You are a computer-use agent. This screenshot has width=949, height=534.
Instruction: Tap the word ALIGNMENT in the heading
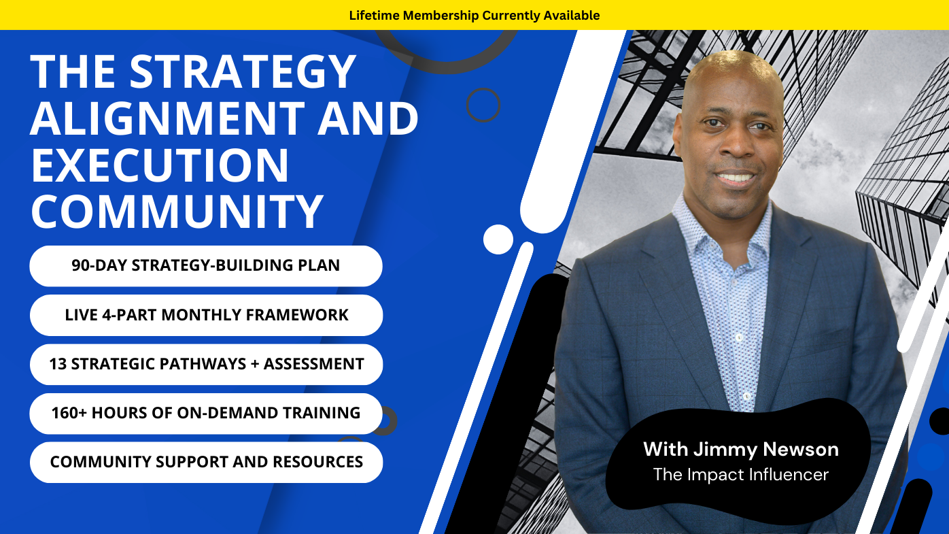(x=167, y=118)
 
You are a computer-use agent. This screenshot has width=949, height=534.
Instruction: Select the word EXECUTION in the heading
(x=160, y=165)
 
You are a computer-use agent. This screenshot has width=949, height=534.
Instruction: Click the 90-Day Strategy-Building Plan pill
(x=206, y=265)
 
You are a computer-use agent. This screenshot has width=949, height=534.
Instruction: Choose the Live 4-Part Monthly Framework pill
(x=206, y=315)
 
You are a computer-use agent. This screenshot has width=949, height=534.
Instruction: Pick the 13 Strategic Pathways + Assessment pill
(x=206, y=364)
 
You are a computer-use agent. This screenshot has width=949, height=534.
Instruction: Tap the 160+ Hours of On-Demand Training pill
(x=206, y=413)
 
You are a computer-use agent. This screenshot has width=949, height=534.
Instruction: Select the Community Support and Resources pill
(x=206, y=462)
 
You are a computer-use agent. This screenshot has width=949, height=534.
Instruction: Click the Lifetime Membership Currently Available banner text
(x=474, y=15)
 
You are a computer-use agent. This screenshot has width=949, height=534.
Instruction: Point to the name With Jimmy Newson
(x=740, y=449)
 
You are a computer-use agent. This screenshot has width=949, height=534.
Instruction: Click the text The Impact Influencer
(x=740, y=474)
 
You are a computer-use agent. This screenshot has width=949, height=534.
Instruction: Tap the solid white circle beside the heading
(x=498, y=239)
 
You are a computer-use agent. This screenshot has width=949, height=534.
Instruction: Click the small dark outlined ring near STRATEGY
(x=483, y=105)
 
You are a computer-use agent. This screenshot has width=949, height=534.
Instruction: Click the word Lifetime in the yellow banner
(x=374, y=15)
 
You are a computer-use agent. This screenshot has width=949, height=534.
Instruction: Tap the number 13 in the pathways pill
(x=58, y=364)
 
